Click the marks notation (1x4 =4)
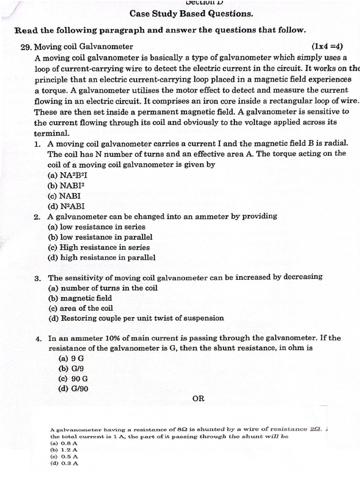(327, 46)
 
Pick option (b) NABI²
(66, 185)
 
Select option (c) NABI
(64, 195)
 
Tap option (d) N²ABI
(66, 206)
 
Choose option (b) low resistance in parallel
(100, 237)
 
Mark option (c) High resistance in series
(99, 247)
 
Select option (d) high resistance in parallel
(102, 258)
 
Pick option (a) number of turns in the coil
(103, 288)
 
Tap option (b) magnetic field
(80, 298)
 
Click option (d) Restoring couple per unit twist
(136, 318)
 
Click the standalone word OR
(198, 399)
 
